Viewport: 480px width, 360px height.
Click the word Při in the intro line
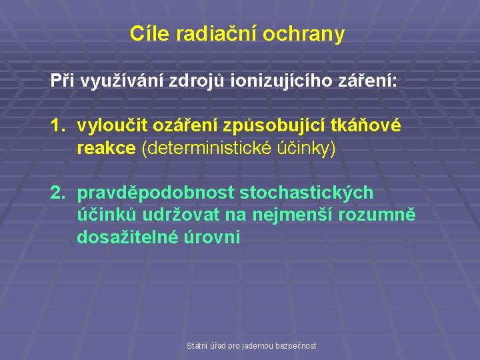[x=63, y=81]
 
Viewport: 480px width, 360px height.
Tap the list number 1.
[x=59, y=125]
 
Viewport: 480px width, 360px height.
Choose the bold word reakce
[x=107, y=147]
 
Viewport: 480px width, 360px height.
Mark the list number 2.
[x=59, y=193]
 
